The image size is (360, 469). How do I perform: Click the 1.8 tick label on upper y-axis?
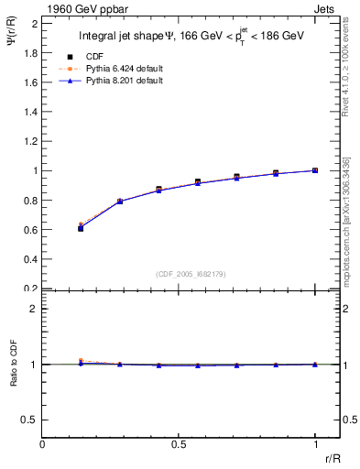[31, 52]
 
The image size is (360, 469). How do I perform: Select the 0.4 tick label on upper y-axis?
[31, 259]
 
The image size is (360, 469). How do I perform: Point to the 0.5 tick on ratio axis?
[31, 420]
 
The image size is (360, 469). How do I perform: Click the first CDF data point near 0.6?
[81, 228]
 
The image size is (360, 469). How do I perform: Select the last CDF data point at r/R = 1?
[315, 170]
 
